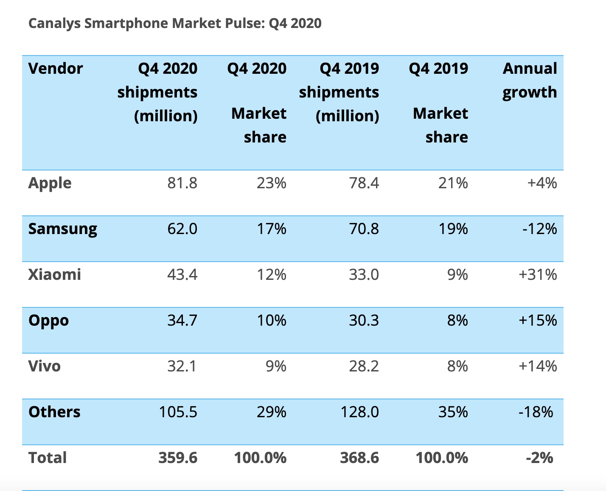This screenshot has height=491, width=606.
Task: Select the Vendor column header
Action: (x=56, y=69)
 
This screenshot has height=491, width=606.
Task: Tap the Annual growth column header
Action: (x=530, y=80)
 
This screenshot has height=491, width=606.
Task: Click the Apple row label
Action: (x=50, y=183)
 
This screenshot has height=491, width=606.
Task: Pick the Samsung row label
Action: (x=63, y=229)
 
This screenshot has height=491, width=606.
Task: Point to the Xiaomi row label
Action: (x=55, y=275)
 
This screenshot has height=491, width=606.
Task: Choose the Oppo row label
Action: (x=48, y=321)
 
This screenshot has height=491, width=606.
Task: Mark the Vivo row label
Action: (x=45, y=366)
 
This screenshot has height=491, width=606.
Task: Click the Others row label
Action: (x=54, y=412)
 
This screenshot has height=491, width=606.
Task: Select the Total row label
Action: (x=48, y=458)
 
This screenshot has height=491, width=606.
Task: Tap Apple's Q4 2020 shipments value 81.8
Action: (x=182, y=183)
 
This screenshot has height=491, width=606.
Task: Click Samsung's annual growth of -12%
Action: (x=539, y=229)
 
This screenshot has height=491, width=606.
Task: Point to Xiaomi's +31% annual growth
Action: (x=538, y=275)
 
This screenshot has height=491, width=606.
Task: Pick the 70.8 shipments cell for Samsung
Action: (x=364, y=229)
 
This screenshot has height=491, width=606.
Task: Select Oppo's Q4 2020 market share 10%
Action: (x=271, y=321)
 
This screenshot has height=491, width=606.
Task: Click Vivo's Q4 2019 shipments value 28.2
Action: (x=364, y=366)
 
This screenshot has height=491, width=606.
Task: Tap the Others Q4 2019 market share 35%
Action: (x=453, y=412)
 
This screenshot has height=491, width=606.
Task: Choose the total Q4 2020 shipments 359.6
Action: (x=178, y=458)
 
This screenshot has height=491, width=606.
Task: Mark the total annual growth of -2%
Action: (x=539, y=458)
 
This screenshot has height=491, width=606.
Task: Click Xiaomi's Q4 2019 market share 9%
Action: (x=457, y=275)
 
